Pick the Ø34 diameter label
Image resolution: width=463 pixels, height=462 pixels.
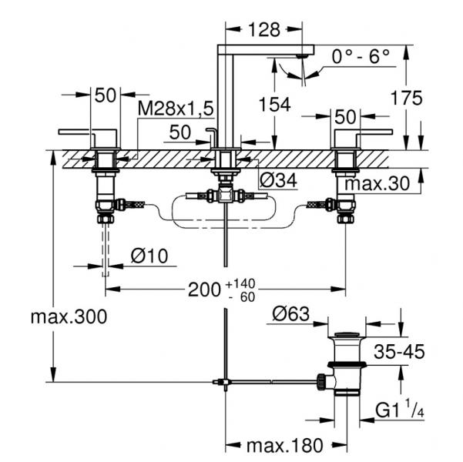[x=278, y=181]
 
